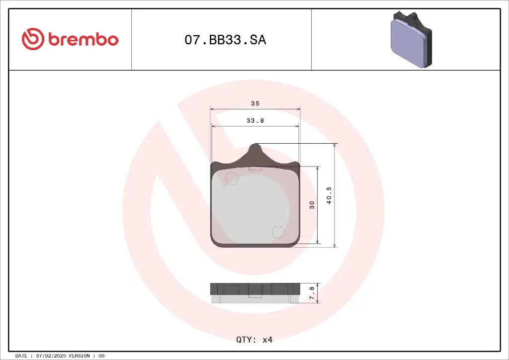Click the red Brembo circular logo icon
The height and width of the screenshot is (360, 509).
tap(33, 39)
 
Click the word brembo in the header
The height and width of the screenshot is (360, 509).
tap(84, 40)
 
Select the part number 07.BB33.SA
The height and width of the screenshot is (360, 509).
tap(225, 40)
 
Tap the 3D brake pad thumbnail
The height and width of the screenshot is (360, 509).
tap(411, 39)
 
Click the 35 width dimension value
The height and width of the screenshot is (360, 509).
tap(255, 103)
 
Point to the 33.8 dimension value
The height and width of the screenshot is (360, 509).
tap(255, 120)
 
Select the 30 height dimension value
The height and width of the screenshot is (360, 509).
tap(312, 204)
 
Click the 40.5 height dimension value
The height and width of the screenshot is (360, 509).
tap(329, 195)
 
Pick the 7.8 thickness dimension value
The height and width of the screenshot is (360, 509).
tap(312, 293)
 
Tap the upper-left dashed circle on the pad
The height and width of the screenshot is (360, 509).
tap(232, 178)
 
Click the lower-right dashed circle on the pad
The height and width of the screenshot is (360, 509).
tap(278, 232)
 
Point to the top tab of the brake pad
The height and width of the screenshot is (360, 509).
tap(255, 151)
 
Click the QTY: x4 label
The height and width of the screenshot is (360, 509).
tap(254, 340)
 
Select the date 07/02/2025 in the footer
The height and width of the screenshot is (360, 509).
tap(52, 356)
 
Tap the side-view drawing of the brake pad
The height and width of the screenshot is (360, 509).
tap(255, 293)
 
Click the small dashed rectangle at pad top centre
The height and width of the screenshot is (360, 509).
tap(255, 169)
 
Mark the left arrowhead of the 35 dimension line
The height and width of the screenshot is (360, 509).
tap(212, 108)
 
